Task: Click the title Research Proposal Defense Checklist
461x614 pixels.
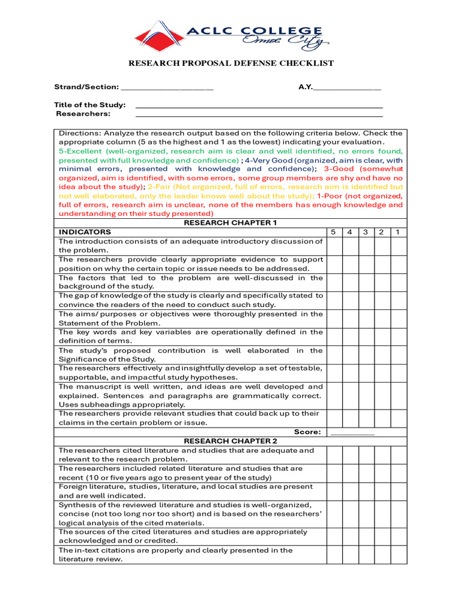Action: click(x=230, y=63)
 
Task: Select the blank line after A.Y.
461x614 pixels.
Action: click(x=347, y=88)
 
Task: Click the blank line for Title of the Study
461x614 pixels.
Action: click(x=259, y=106)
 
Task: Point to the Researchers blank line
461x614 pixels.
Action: click(x=259, y=115)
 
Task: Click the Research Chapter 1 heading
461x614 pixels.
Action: click(x=230, y=223)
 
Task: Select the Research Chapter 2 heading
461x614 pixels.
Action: click(x=230, y=441)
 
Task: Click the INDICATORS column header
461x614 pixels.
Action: click(x=85, y=232)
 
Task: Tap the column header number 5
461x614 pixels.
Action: click(x=334, y=232)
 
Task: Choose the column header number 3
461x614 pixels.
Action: click(x=366, y=232)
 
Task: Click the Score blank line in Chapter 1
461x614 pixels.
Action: click(x=352, y=432)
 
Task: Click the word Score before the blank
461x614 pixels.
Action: click(x=307, y=432)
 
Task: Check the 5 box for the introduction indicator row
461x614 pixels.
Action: click(x=334, y=246)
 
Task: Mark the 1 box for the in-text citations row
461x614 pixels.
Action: click(x=398, y=555)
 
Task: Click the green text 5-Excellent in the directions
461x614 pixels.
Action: click(x=81, y=152)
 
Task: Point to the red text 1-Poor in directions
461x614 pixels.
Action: click(x=330, y=196)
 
